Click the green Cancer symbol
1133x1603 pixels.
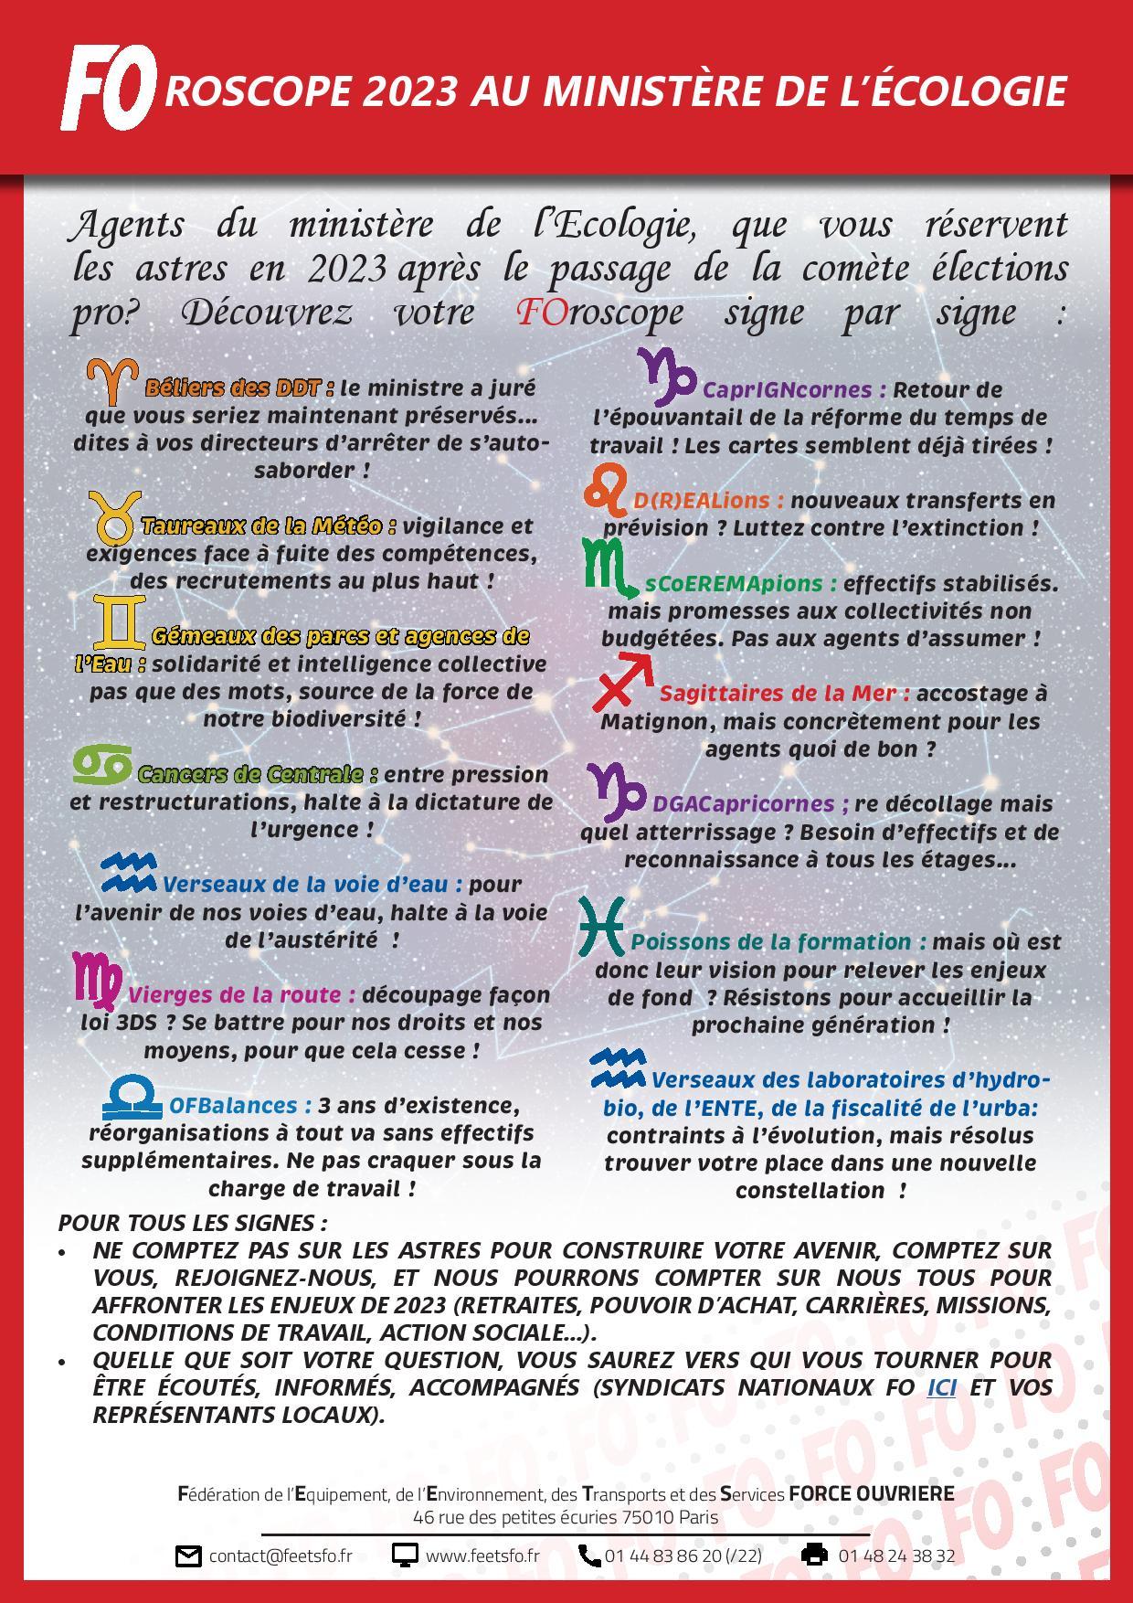pos(101,765)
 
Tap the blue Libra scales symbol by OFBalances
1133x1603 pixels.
pos(132,1099)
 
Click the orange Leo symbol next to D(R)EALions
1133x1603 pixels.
pos(606,490)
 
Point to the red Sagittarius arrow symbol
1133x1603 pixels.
pos(623,682)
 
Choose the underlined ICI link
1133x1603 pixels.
pos(942,1387)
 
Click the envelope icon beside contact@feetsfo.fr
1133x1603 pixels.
pos(187,1556)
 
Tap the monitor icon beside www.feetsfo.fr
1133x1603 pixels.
pos(405,1555)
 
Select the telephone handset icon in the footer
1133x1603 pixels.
pos(589,1555)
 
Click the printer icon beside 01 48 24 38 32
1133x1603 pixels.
pos(814,1555)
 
